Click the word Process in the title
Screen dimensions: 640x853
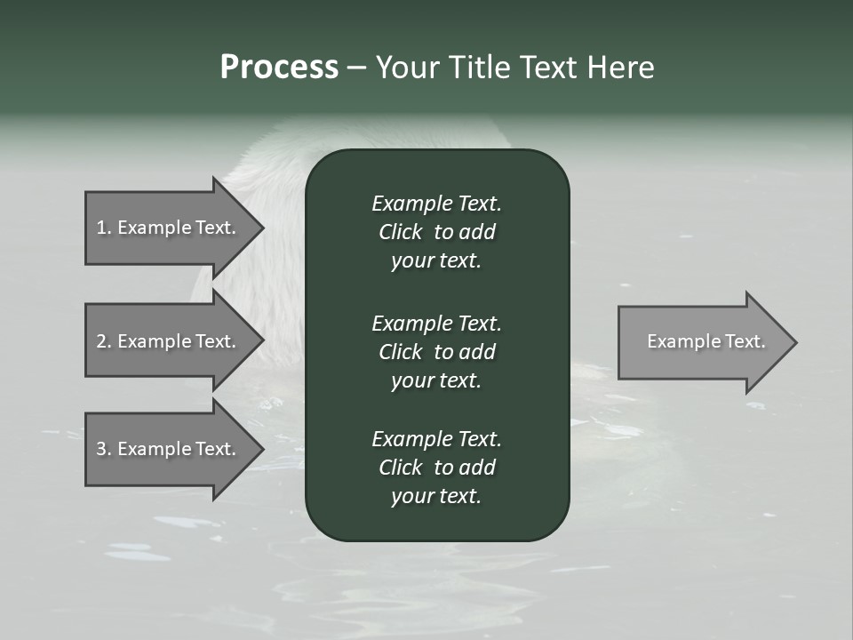279,68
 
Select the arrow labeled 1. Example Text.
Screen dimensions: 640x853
169,228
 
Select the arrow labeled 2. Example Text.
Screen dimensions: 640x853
169,341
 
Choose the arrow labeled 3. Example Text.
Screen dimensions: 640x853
169,449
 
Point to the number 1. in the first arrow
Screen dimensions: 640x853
104,228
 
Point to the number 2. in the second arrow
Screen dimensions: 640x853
104,341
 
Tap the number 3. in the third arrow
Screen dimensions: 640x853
104,449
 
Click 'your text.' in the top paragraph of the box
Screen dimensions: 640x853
436,261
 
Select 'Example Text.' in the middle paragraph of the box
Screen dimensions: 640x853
436,324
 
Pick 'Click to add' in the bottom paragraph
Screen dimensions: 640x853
436,468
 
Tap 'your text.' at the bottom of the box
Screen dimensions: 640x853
436,497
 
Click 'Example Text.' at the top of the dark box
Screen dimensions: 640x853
436,204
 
